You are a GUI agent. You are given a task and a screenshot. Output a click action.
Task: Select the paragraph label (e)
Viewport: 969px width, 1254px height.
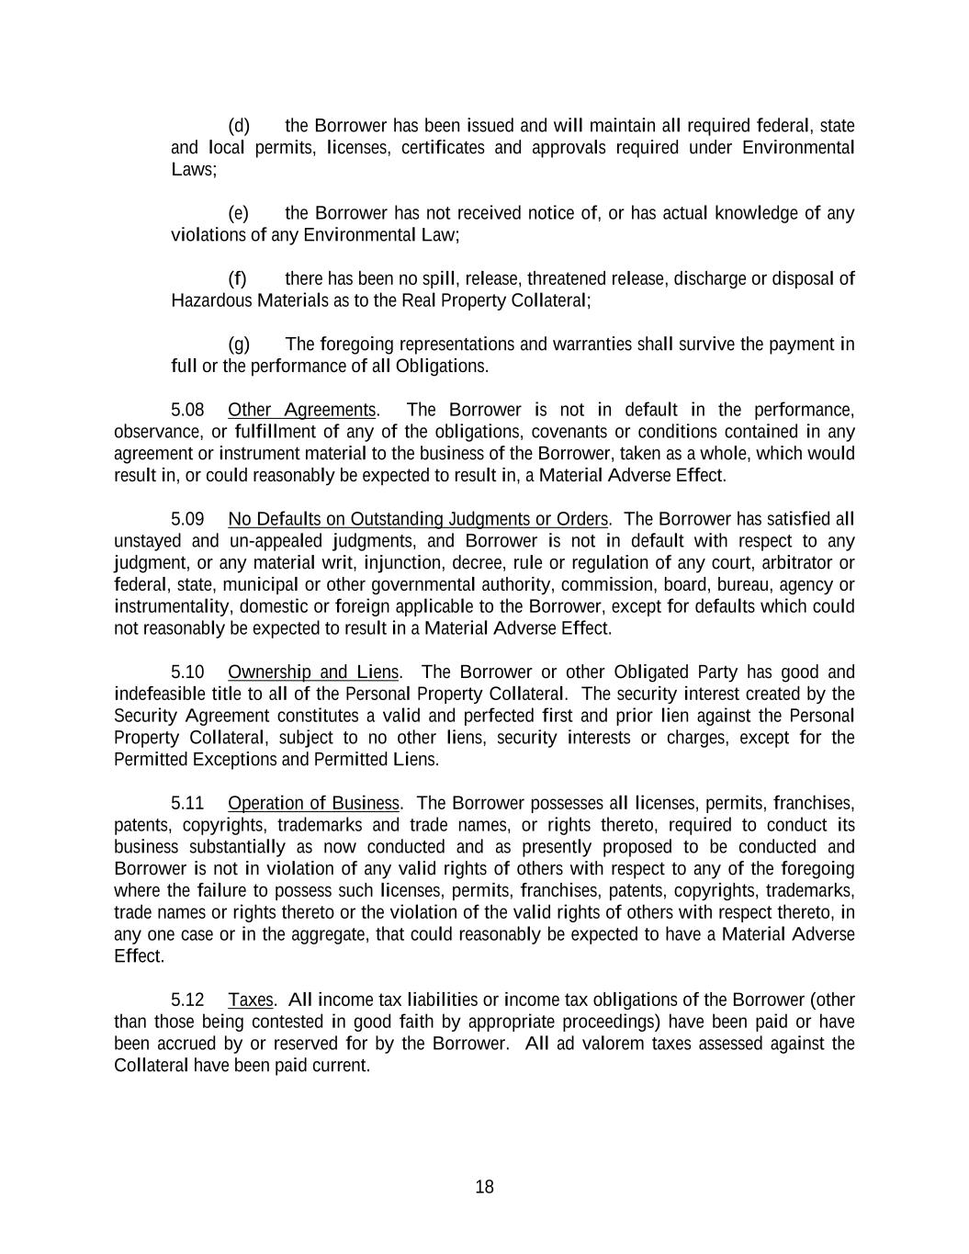(x=238, y=214)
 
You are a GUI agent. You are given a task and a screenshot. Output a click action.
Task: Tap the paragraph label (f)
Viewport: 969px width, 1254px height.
(x=237, y=279)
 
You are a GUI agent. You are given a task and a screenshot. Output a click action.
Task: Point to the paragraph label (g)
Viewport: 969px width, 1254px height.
(x=238, y=345)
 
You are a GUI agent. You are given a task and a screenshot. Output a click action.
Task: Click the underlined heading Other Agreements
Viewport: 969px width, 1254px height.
(x=302, y=410)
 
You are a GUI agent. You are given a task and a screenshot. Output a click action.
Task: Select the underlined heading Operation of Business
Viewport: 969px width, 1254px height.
(x=313, y=804)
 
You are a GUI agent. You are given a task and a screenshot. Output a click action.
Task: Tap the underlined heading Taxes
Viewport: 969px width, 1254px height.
(x=250, y=1000)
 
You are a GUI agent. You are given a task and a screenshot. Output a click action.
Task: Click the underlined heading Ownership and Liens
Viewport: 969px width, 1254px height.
(x=313, y=672)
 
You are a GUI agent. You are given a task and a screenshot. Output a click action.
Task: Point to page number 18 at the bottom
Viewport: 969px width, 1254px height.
(x=484, y=1187)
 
